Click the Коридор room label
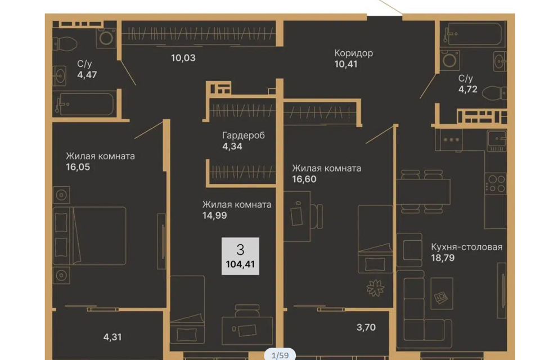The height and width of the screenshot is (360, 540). (353, 53)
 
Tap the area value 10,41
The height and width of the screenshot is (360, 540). (346, 64)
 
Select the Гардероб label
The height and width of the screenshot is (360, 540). (244, 136)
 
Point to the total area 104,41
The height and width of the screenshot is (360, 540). (240, 264)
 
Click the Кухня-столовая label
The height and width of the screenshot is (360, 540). (467, 247)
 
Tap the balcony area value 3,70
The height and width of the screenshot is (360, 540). (366, 327)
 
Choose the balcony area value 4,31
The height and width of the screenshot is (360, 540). (112, 337)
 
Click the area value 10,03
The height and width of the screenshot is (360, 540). (183, 58)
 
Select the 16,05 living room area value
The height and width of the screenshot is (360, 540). (78, 167)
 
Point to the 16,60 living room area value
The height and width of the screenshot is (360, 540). (304, 179)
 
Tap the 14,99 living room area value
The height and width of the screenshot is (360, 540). (214, 215)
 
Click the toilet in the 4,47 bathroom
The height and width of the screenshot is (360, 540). (65, 44)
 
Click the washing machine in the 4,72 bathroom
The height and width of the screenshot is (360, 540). (449, 61)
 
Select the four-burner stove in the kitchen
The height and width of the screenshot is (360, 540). (496, 183)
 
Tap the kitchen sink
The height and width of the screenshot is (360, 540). (497, 141)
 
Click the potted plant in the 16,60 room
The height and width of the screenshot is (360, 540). (375, 288)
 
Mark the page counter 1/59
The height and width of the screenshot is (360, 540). (280, 355)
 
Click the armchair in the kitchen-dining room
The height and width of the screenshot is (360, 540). (409, 250)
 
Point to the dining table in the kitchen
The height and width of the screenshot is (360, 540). (423, 192)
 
